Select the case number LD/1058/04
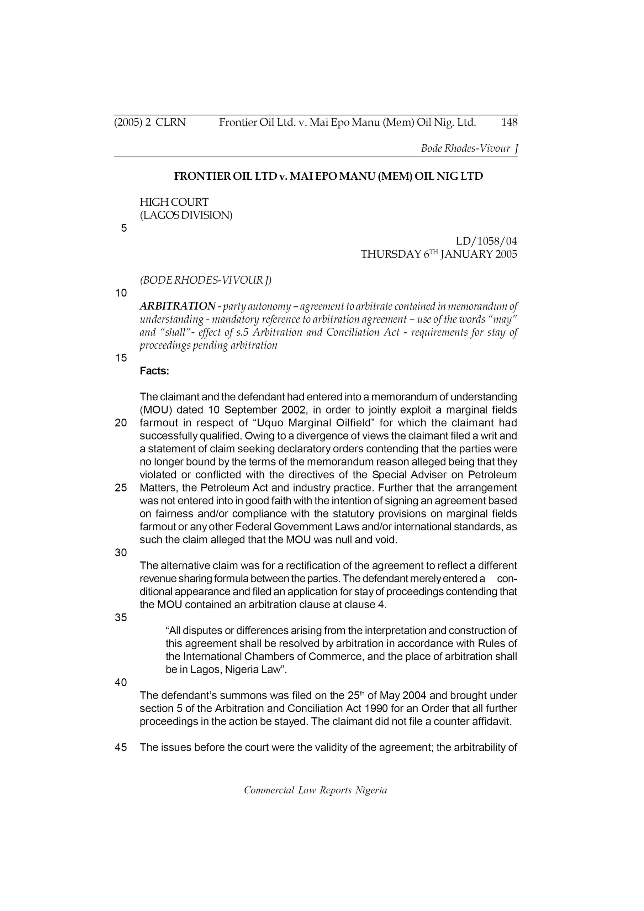tap(486, 241)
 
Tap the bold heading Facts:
tap(154, 371)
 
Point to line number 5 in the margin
tap(124, 228)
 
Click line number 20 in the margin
tap(121, 423)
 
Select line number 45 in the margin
tap(121, 748)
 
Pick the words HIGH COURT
tap(174, 202)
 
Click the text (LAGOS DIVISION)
tap(186, 215)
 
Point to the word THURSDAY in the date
tap(390, 254)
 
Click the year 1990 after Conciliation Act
tap(376, 709)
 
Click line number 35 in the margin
tap(121, 617)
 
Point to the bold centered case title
tap(328, 176)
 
